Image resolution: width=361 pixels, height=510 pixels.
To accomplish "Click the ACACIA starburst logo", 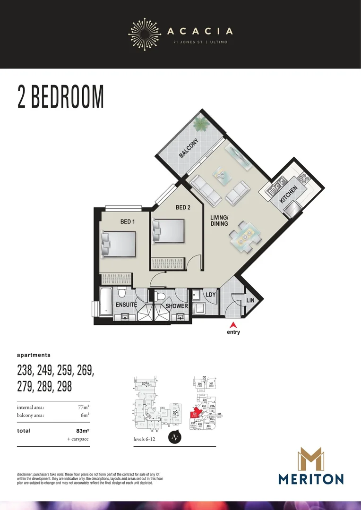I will pos(145,31).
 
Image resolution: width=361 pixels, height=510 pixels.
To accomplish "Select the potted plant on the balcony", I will pos(202,125).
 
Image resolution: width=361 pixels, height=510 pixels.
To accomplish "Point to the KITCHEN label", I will pos(289,195).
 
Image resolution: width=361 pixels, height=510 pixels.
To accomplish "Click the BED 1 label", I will pos(128,221).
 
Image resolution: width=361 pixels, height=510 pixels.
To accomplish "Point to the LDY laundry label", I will pos(211,295).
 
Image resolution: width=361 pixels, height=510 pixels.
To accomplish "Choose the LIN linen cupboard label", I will pos(250,300).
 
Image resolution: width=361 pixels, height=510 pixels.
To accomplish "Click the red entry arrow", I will pos(233,325).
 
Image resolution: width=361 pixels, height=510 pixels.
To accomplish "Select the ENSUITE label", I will pos(126,305).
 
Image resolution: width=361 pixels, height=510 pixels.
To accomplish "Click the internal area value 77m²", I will pos(83,407).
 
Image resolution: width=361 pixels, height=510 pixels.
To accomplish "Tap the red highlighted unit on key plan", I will pos(195,414).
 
